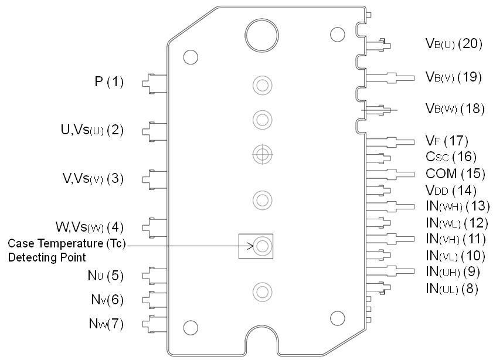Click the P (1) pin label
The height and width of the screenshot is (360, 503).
coord(109,82)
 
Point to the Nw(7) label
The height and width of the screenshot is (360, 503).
coord(107,324)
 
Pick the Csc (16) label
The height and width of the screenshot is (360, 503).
coord(450,157)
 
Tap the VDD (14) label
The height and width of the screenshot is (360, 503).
coord(450,190)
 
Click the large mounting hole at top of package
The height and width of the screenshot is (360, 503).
coord(261,35)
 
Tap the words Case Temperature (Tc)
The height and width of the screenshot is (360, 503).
coord(67,243)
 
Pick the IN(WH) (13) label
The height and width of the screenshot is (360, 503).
coord(457,206)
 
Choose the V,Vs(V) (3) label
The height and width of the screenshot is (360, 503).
coord(93,179)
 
